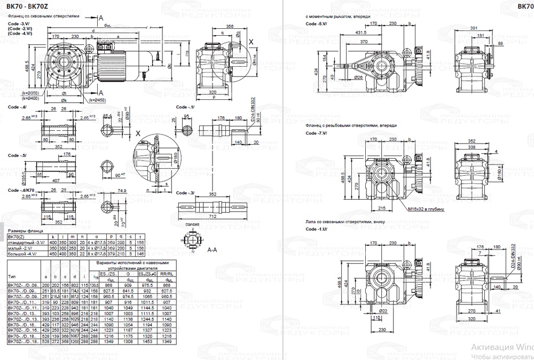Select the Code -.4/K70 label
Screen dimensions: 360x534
[21, 191]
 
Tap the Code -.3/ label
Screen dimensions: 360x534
[185, 192]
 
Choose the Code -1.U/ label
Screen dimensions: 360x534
[316, 228]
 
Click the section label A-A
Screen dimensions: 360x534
[211, 249]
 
